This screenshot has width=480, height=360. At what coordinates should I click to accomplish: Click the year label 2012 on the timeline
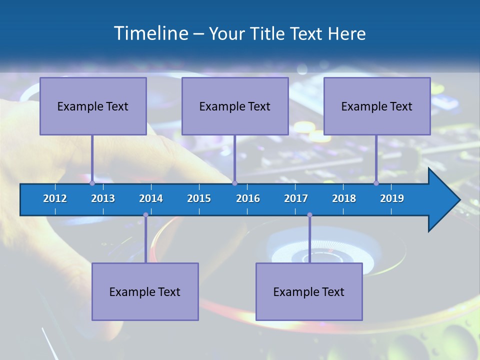(x=55, y=198)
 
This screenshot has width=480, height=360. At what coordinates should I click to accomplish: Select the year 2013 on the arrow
(x=103, y=198)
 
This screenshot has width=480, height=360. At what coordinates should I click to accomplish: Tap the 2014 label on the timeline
(x=151, y=198)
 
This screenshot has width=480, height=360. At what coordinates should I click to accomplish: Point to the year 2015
(x=199, y=198)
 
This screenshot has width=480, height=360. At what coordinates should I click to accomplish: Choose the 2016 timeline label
(x=248, y=198)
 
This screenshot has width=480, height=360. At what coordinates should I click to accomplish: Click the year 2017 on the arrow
(x=296, y=198)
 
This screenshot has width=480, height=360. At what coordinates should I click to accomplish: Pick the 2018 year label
(x=344, y=198)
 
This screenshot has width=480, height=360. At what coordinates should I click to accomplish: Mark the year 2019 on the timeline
(x=392, y=198)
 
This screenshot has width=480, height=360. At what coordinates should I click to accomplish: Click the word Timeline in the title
(x=149, y=33)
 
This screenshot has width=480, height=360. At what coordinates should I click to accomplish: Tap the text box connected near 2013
(x=93, y=106)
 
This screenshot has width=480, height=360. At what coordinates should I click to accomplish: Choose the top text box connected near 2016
(x=235, y=106)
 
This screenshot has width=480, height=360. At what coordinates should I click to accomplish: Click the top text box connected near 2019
(x=377, y=106)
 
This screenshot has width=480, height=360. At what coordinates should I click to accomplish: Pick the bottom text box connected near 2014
(x=145, y=291)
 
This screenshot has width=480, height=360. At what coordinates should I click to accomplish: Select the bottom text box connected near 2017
(x=309, y=291)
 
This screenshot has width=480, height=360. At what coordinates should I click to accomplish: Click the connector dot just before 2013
(x=92, y=183)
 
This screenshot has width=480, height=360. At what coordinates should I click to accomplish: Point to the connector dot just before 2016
(x=234, y=183)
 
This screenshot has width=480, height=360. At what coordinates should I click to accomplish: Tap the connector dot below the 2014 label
(x=145, y=215)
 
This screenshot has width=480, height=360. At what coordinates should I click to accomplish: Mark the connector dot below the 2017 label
(x=309, y=215)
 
